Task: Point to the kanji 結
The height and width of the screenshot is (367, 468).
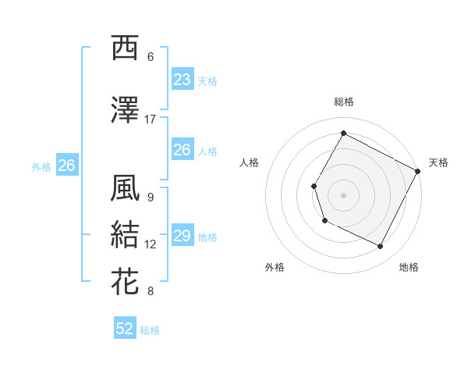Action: point(125,235)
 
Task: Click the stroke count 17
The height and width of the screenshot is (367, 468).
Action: point(151,119)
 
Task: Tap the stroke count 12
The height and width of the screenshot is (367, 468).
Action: point(151,244)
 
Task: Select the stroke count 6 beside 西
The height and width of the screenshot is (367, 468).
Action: point(151,57)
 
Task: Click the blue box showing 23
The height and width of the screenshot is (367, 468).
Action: point(183,80)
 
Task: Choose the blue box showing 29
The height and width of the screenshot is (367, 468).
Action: point(183,236)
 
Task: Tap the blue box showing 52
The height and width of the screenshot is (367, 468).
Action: point(125,329)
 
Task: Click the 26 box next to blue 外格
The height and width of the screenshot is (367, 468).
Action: point(66,166)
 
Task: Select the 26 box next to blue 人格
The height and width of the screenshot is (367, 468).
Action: point(183,150)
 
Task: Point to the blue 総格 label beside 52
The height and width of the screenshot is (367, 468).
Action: point(150,330)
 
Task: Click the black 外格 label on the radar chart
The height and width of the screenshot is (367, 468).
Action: point(275,268)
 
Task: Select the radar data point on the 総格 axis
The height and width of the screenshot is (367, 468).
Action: point(343,133)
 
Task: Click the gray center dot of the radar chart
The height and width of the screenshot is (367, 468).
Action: point(343,194)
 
